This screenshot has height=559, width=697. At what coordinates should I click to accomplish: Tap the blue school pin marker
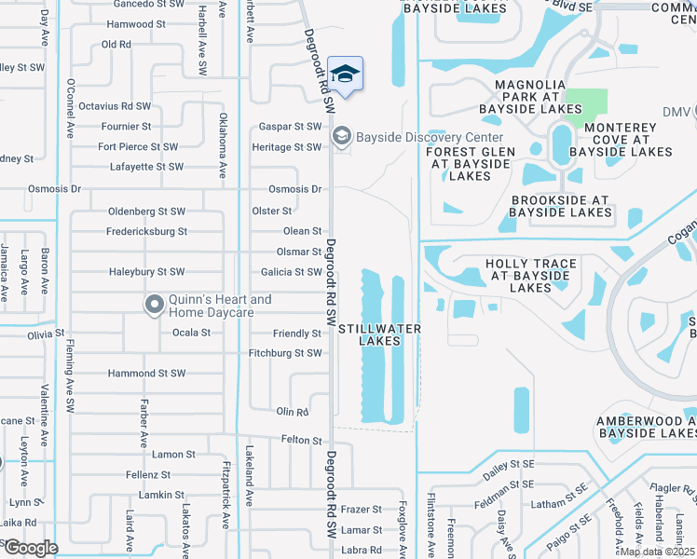point(345,75)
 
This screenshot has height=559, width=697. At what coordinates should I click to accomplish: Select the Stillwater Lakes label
point(379,334)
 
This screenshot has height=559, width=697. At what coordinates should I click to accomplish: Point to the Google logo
point(30,547)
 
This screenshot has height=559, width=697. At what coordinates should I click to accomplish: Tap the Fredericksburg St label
point(147,231)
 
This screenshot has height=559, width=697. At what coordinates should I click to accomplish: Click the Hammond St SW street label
point(147,373)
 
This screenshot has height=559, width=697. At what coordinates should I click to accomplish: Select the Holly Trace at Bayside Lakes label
point(531,276)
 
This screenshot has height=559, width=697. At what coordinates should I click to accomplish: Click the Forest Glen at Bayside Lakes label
point(470,164)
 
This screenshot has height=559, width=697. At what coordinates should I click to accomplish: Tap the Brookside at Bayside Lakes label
point(560,206)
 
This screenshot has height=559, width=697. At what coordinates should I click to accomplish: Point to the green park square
point(587,107)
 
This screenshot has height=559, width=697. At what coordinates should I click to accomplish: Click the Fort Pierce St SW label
point(138,146)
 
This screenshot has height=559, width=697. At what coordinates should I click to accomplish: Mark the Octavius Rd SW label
point(115,106)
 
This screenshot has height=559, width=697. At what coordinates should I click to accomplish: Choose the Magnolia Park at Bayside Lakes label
point(532,97)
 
